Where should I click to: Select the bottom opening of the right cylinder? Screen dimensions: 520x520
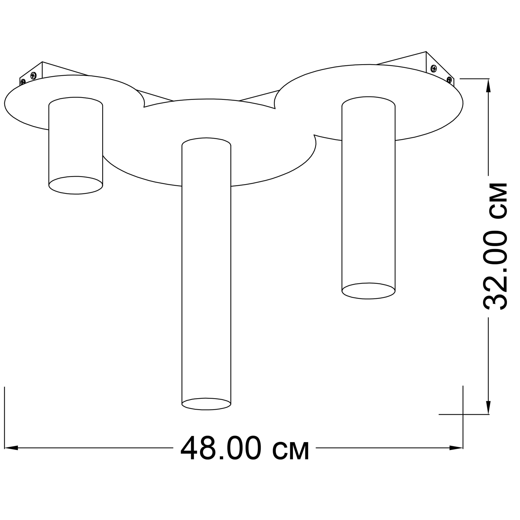click(369, 291)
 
